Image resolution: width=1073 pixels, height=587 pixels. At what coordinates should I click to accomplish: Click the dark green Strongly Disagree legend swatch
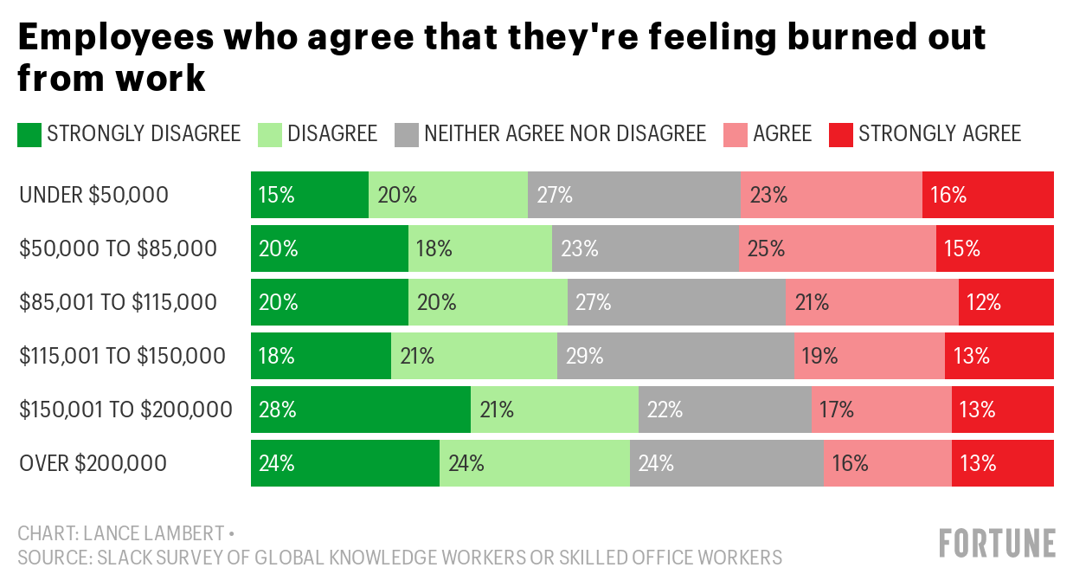pyautogui.click(x=29, y=134)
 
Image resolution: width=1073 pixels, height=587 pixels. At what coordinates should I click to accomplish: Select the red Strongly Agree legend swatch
pyautogui.click(x=840, y=134)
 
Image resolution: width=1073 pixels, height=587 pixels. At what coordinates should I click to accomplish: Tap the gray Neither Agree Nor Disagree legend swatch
pyautogui.click(x=407, y=134)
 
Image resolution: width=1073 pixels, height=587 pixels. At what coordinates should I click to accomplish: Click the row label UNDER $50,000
pyautogui.click(x=93, y=196)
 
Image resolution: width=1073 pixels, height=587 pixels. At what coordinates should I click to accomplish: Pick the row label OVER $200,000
pyautogui.click(x=93, y=463)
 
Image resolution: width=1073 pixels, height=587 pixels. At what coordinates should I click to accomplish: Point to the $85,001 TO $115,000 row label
pyautogui.click(x=119, y=303)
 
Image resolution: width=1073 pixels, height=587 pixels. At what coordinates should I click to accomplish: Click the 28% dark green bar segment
pyautogui.click(x=361, y=410)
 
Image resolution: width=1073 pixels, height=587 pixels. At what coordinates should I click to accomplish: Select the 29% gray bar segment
pyautogui.click(x=675, y=356)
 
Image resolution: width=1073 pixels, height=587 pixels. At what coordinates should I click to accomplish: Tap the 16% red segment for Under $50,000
pyautogui.click(x=987, y=195)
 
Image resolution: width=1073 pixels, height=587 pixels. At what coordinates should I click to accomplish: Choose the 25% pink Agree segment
pyautogui.click(x=837, y=248)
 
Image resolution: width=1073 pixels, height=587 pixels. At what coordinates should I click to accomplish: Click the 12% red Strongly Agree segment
pyautogui.click(x=1006, y=302)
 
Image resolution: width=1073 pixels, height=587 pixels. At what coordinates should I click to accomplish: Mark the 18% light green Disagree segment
pyautogui.click(x=480, y=248)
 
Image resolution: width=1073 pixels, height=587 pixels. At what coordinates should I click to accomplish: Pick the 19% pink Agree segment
pyautogui.click(x=869, y=356)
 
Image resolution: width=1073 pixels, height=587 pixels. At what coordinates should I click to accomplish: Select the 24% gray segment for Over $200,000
pyautogui.click(x=726, y=463)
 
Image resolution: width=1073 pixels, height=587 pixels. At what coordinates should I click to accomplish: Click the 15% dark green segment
pyautogui.click(x=310, y=195)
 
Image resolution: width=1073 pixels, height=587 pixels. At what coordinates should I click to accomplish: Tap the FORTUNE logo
pyautogui.click(x=997, y=544)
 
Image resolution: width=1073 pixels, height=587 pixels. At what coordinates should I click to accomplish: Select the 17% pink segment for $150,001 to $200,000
pyautogui.click(x=881, y=410)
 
